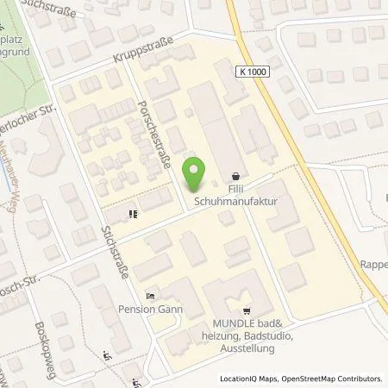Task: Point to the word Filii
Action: [236, 188]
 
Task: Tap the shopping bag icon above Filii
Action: [236, 176]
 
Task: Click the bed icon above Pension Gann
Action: [152, 295]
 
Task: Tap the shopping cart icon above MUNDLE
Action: [247, 312]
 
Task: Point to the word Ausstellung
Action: [247, 348]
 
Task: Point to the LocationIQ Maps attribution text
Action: [249, 379]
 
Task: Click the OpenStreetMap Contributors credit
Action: [332, 379]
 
